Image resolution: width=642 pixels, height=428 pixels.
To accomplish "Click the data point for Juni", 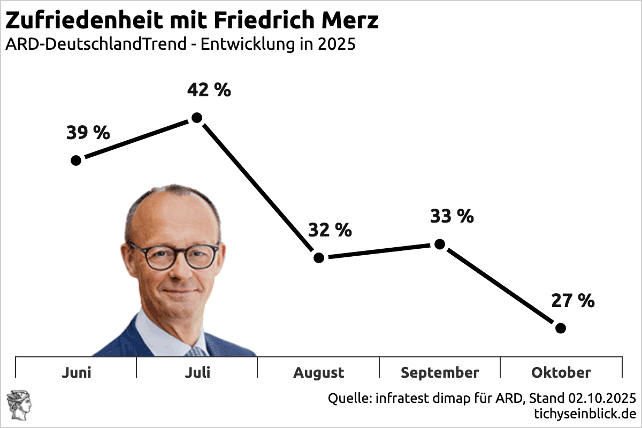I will pyautogui.click(x=76, y=160).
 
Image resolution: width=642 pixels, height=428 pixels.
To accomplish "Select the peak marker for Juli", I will pyautogui.click(x=196, y=118).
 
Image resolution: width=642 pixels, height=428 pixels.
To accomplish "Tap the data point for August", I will pyautogui.click(x=319, y=258).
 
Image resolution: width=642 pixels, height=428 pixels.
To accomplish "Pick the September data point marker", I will pyautogui.click(x=439, y=244).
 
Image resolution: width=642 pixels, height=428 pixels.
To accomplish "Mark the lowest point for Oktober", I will pyautogui.click(x=560, y=328).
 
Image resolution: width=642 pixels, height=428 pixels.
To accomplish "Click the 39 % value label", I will pyautogui.click(x=88, y=133).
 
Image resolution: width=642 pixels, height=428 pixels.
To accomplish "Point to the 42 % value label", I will pyautogui.click(x=209, y=90).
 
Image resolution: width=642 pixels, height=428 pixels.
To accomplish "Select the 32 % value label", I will pyautogui.click(x=330, y=231).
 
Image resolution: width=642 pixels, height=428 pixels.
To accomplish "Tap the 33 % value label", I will pyautogui.click(x=452, y=217).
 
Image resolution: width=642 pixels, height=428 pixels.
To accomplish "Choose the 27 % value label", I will pyautogui.click(x=572, y=301).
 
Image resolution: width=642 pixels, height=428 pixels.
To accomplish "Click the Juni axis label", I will pyautogui.click(x=76, y=372).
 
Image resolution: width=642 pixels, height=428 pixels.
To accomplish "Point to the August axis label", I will pyautogui.click(x=318, y=373).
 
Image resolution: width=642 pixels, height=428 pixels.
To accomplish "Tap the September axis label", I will pyautogui.click(x=440, y=373).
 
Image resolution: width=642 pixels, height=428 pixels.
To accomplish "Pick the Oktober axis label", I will pyautogui.click(x=561, y=372).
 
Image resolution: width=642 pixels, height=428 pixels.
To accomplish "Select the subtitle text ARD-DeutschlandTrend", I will pyautogui.click(x=96, y=44).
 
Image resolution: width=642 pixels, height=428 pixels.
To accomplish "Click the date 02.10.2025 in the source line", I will pyautogui.click(x=602, y=399).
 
